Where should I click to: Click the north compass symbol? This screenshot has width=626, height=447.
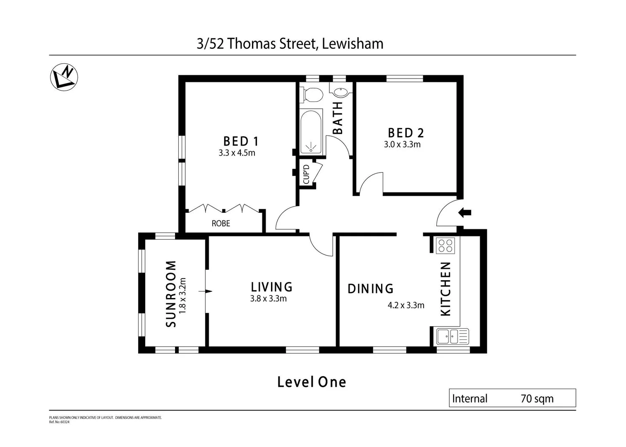(64, 77)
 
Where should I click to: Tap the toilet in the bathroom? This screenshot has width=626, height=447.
(312, 95)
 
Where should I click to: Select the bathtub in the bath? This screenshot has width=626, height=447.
(311, 132)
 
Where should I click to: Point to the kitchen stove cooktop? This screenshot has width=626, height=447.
(445, 246)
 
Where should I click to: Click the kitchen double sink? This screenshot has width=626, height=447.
(452, 336)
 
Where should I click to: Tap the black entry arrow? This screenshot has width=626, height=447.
(465, 213)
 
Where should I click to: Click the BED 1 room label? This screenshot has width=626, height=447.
(241, 141)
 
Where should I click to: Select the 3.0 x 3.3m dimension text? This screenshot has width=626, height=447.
(402, 144)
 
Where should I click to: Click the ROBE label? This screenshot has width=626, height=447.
(221, 223)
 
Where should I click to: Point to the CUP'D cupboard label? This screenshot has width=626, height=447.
(306, 174)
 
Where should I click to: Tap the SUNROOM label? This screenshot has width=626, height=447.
(171, 293)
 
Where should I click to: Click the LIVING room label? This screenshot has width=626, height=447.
(271, 287)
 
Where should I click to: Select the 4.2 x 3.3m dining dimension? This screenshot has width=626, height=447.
(406, 305)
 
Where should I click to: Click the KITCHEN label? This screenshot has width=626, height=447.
(445, 288)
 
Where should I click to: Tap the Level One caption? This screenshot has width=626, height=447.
(312, 382)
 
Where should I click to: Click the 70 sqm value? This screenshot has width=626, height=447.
(537, 399)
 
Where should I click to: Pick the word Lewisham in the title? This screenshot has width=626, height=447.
(353, 43)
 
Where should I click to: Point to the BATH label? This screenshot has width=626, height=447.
(338, 118)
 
